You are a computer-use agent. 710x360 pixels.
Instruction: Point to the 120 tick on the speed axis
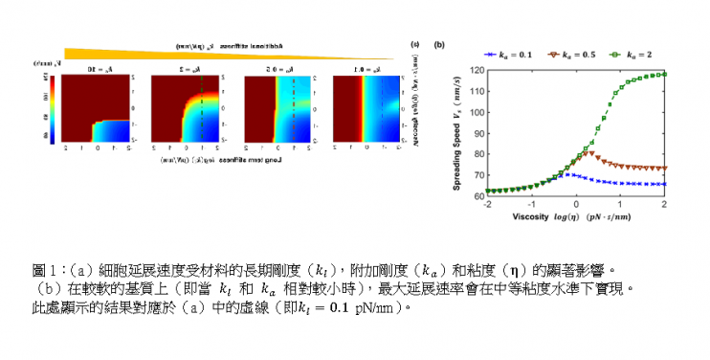477,71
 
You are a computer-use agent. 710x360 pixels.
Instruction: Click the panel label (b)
439,44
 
